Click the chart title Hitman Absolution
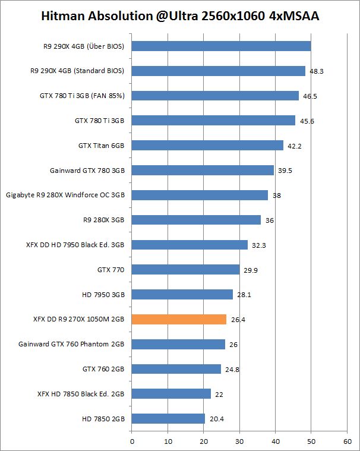180,17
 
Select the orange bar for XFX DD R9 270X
179,319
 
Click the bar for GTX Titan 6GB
207,145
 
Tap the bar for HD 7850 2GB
168,418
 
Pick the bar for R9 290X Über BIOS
221,46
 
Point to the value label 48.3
317,71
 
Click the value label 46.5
310,96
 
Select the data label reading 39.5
285,171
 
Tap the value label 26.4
238,320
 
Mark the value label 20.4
216,419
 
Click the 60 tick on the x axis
347,441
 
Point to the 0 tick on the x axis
131,441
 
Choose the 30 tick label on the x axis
239,441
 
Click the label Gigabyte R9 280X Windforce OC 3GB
65,195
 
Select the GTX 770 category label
110,270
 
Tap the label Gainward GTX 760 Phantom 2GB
71,344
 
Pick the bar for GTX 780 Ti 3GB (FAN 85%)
215,96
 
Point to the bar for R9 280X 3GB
196,220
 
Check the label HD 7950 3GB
103,294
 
